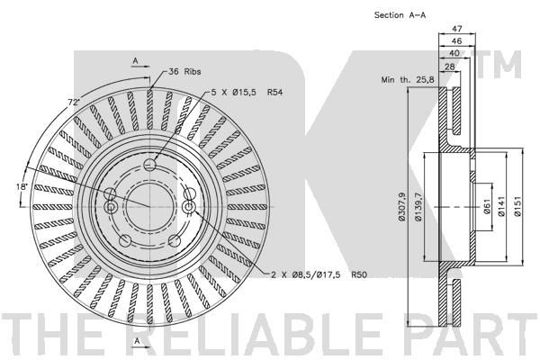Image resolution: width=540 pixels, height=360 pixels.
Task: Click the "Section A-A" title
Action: tap(400, 15)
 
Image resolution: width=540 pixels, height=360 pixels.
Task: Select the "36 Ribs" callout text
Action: tap(184, 72)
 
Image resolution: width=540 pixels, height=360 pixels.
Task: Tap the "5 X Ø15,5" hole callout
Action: tap(234, 93)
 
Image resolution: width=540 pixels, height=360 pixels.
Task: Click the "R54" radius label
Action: tap(274, 93)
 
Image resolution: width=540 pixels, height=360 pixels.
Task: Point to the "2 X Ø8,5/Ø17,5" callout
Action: tap(306, 274)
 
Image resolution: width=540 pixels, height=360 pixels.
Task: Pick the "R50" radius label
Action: tap(359, 274)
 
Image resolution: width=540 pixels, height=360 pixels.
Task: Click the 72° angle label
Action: tap(73, 103)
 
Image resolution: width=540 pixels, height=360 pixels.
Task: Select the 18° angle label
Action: tap(22, 186)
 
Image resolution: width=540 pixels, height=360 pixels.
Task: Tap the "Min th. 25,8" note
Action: tap(408, 80)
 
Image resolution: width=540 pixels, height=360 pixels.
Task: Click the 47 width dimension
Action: tap(456, 28)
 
